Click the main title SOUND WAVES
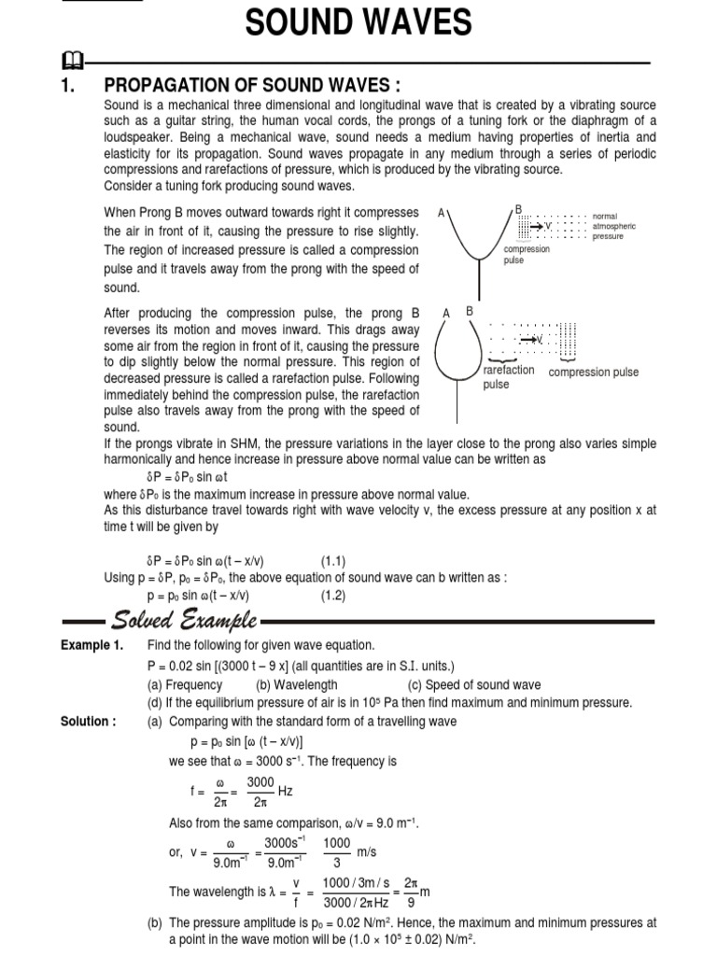tap(358, 23)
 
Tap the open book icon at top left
tap(70, 63)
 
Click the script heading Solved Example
tap(186, 620)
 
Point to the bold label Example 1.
tap(91, 646)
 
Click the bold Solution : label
tap(89, 720)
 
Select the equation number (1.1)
tap(334, 561)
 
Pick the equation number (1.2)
tap(334, 595)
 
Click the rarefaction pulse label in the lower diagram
tap(509, 377)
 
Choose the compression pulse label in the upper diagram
tap(527, 255)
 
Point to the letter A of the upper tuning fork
tap(441, 213)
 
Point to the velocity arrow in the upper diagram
tap(541, 226)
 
